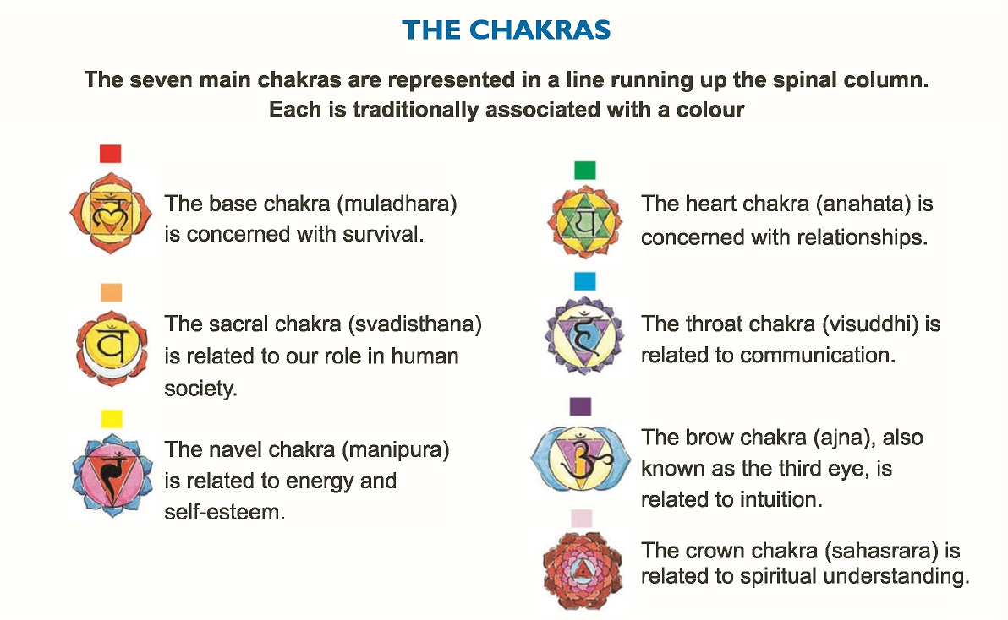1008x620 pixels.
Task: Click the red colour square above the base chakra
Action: point(111,154)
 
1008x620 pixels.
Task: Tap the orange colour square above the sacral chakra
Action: point(112,292)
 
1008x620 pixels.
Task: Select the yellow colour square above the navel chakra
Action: point(112,419)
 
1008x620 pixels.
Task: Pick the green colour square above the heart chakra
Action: point(585,170)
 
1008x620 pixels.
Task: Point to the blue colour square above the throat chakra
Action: point(585,281)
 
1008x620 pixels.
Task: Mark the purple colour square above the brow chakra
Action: point(580,406)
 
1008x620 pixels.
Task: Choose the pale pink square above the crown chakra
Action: point(581,518)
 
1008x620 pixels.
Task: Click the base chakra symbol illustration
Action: point(111,213)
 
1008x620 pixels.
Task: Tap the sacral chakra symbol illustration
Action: point(112,348)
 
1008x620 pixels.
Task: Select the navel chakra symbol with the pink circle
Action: point(112,475)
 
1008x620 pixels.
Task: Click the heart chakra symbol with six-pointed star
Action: point(585,222)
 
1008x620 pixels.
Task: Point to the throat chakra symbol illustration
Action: point(584,335)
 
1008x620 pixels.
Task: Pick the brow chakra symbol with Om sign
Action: point(581,457)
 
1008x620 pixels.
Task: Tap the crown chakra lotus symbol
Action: point(583,570)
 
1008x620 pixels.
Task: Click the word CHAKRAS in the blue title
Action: point(540,30)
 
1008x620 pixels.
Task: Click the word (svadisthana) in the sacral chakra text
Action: point(414,324)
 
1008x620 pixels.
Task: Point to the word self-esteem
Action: point(224,512)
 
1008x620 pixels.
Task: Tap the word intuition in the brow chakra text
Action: point(778,499)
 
